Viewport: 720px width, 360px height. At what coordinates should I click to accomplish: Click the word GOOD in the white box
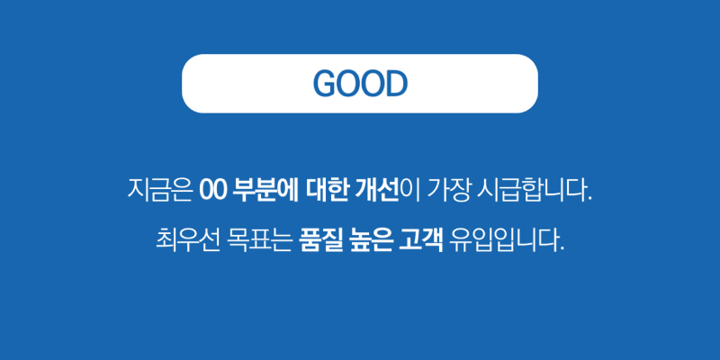tap(360, 84)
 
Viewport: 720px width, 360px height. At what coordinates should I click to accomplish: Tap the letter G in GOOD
tap(325, 84)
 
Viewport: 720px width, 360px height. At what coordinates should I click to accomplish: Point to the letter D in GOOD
tap(396, 84)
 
